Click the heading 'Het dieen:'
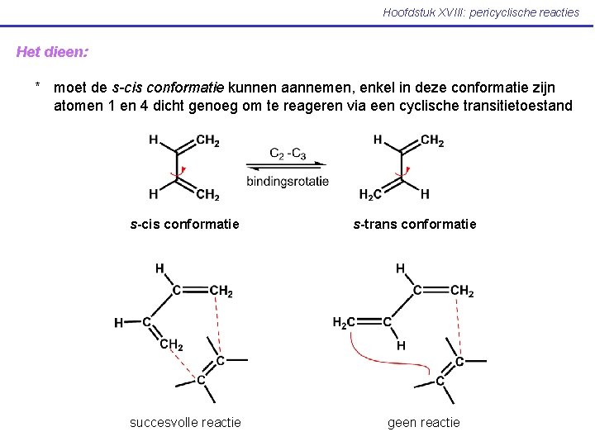(52, 51)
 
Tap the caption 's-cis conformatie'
(185, 224)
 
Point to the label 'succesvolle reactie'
(185, 422)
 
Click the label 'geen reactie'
(424, 422)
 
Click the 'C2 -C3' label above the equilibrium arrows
(288, 153)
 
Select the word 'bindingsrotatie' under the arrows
(288, 181)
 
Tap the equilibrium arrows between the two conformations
(288, 167)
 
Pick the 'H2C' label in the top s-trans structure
(371, 195)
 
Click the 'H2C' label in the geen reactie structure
(345, 322)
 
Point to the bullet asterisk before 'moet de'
(38, 87)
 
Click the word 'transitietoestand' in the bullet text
(518, 105)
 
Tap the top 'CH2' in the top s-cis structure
(208, 140)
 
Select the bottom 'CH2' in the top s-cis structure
(208, 195)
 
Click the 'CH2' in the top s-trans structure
(433, 140)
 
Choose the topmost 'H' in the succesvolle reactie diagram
(159, 268)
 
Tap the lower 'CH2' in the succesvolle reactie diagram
(172, 344)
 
